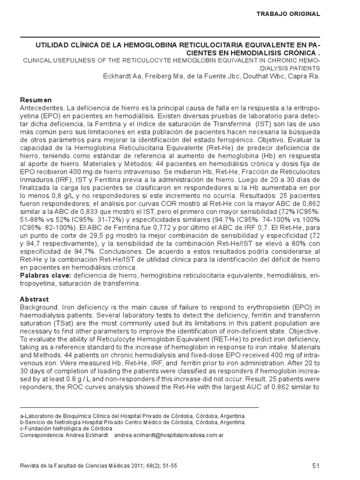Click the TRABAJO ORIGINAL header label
(288, 14)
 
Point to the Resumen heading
(36, 100)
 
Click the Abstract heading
(35, 299)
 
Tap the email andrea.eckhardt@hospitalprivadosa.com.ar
(169, 435)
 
